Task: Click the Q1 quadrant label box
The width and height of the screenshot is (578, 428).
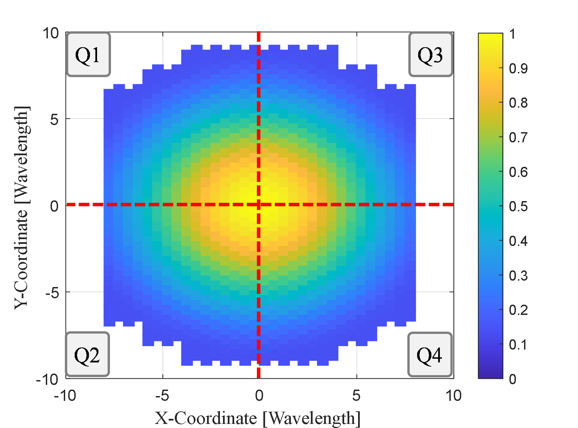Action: pos(88,54)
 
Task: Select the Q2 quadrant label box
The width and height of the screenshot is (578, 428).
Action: pos(87,355)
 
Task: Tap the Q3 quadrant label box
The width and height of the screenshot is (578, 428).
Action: pos(431,54)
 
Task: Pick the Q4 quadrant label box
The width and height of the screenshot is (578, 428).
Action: pos(430,355)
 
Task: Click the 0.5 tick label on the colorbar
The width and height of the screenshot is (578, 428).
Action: pos(518,207)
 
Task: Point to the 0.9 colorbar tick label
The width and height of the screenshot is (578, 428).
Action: pos(518,69)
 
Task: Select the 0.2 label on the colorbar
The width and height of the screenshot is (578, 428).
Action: pos(518,310)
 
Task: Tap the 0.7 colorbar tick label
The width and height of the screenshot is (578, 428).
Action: pos(518,138)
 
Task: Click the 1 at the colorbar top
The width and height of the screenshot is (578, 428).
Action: pos(512,34)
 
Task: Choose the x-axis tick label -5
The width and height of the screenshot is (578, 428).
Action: pos(162,395)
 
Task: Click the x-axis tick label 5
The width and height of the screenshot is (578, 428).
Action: pos(356,395)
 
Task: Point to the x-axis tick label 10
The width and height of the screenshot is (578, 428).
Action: pos(453,395)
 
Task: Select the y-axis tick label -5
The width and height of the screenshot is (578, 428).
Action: pos(52,292)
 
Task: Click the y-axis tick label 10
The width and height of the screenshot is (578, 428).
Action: pos(50,33)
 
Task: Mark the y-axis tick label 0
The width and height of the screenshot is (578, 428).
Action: pos(54,206)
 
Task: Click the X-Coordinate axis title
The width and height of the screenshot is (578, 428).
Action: pos(258,418)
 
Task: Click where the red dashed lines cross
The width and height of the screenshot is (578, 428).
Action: pos(259,204)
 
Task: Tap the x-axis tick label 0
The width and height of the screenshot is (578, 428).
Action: pos(259,395)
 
